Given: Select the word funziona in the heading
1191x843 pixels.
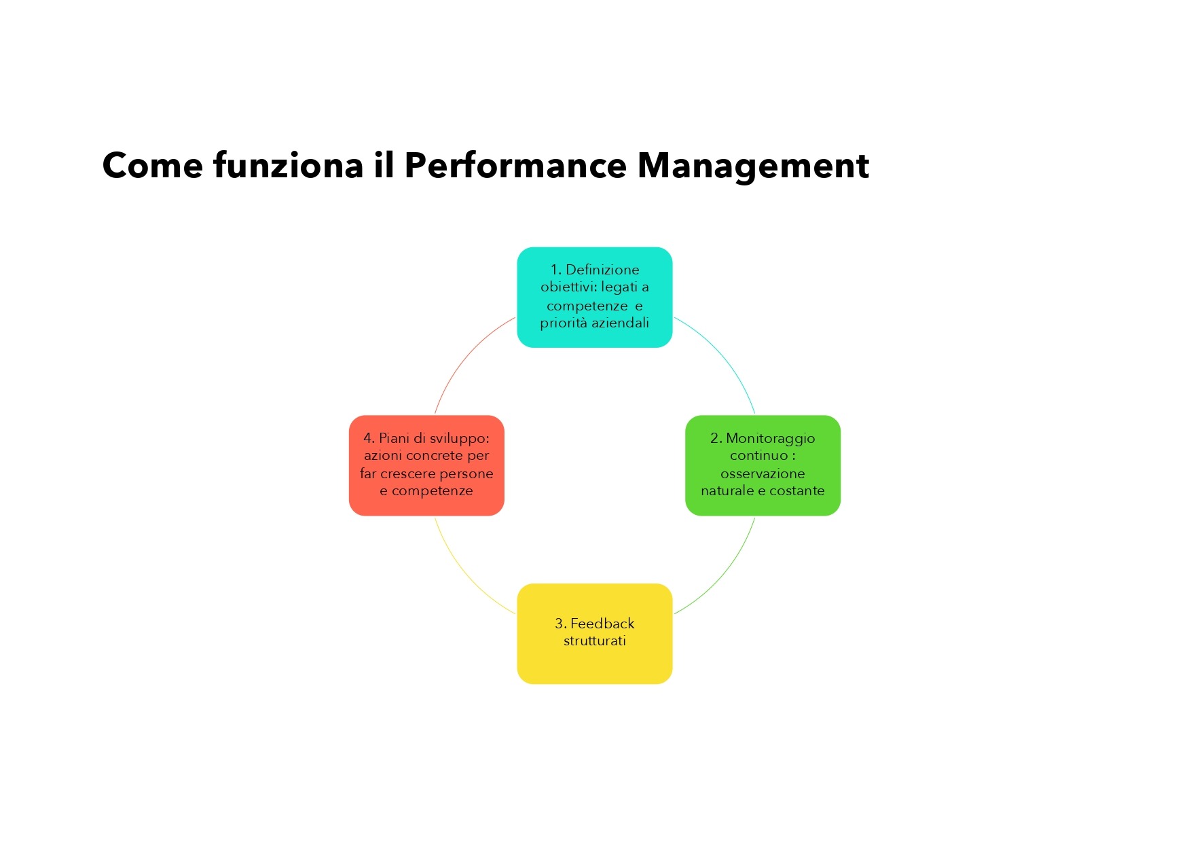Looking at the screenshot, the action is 288,166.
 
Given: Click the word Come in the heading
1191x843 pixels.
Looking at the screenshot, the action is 153,166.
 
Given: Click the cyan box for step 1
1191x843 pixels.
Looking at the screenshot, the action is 595,298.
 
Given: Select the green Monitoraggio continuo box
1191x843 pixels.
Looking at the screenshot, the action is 763,465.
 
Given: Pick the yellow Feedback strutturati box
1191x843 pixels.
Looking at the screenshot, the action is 595,634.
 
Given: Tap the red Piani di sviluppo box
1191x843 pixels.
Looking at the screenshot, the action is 426,465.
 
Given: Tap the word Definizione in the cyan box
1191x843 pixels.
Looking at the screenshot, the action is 602,270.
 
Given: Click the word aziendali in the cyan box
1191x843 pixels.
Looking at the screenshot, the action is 620,323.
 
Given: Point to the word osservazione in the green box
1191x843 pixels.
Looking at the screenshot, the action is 763,473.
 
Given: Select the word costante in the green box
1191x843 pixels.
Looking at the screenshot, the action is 797,490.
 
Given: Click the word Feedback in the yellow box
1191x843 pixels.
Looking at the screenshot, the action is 602,624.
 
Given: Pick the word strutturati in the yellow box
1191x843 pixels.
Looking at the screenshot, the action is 595,641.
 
